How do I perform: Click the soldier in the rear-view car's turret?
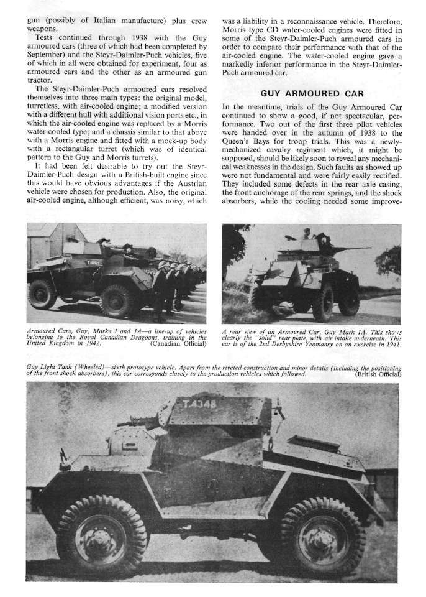click(x=306, y=234)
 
